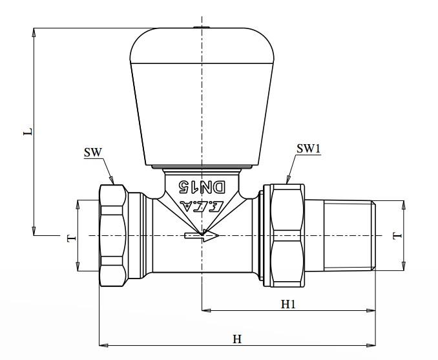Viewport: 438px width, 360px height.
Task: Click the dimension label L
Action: click(x=27, y=132)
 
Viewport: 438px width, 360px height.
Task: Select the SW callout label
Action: click(x=93, y=153)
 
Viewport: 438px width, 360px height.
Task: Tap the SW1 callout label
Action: click(x=308, y=148)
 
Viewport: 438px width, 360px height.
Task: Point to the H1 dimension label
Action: click(x=288, y=303)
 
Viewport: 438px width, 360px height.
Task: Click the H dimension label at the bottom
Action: click(x=237, y=339)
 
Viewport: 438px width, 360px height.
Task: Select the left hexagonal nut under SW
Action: click(x=113, y=236)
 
